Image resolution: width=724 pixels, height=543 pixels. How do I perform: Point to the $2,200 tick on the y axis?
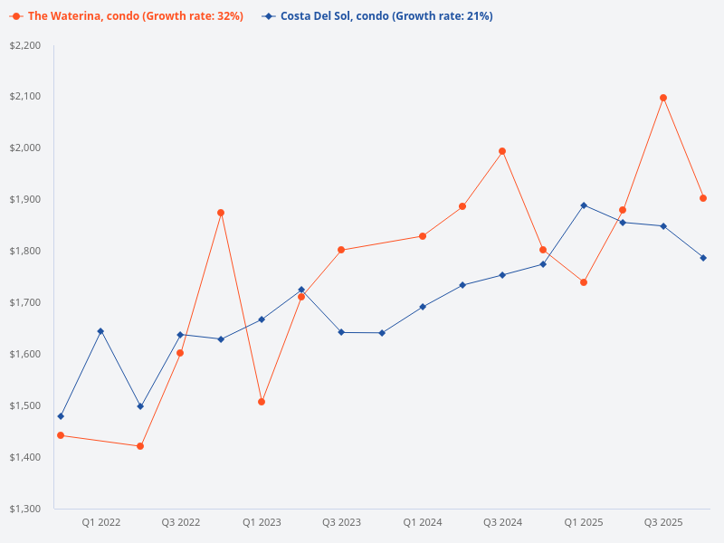[x=24, y=45]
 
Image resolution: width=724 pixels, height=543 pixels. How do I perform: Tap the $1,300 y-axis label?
[x=24, y=509]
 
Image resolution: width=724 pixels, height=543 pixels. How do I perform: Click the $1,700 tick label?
[x=24, y=302]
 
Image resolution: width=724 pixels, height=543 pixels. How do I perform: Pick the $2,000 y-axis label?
[x=24, y=148]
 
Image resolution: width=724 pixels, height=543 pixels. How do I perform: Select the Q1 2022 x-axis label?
[x=101, y=522]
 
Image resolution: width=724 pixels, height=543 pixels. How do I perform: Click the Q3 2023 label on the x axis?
[x=341, y=522]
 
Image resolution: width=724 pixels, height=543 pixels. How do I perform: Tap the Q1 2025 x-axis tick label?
[x=584, y=522]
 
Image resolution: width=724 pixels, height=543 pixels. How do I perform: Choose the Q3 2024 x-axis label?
[x=502, y=522]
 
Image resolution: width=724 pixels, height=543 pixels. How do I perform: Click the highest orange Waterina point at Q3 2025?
[x=663, y=98]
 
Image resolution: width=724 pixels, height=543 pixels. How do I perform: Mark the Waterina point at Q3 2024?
[x=502, y=151]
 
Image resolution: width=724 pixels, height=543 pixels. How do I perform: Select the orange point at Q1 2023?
[x=262, y=402]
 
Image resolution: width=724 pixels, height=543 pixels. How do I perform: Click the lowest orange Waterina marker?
[x=140, y=446]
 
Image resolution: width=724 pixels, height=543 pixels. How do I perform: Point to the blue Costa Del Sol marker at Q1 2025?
[x=584, y=205]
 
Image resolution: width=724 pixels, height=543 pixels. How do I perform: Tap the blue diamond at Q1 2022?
[x=100, y=331]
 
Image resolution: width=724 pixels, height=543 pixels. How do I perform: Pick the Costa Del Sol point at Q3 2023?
[x=341, y=332]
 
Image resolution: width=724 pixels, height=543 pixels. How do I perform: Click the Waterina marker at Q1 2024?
[x=423, y=236]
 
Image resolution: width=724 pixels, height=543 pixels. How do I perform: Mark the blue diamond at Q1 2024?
[x=423, y=307]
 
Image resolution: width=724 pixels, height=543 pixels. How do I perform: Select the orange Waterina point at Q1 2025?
[x=584, y=282]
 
